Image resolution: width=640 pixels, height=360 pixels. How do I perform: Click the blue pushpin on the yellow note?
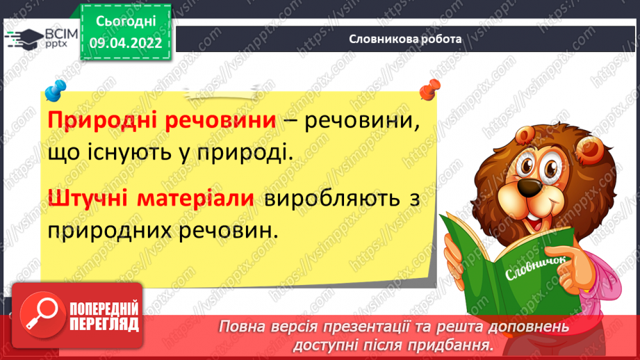[55, 90]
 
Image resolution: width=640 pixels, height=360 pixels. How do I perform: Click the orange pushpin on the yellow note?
[430, 90]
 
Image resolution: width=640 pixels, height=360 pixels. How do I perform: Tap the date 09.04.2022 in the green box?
[126, 43]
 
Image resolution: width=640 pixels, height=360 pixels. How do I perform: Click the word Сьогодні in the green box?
[126, 22]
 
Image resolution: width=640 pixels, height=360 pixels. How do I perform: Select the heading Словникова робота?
[405, 39]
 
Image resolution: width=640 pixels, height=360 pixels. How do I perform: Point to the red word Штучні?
[90, 198]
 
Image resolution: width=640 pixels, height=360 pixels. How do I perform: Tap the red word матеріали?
[195, 198]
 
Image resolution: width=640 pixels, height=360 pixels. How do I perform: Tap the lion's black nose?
[530, 188]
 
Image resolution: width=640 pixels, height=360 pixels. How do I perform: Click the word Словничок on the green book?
[536, 268]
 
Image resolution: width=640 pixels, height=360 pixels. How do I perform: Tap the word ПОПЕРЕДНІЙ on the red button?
[104, 309]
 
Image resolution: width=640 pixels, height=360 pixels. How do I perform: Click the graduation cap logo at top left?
[25, 39]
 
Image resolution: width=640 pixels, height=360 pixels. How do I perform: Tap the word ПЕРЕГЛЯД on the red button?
[104, 324]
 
